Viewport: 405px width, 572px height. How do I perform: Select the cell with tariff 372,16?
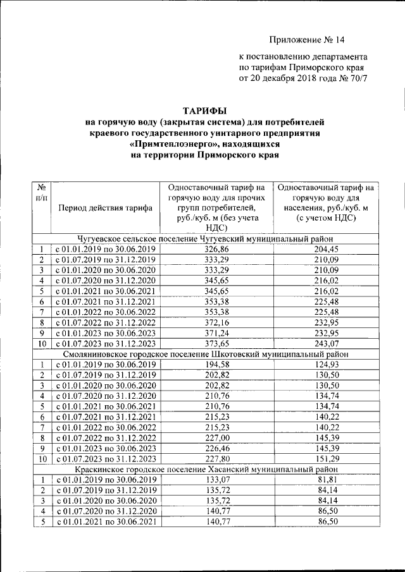point(217,321)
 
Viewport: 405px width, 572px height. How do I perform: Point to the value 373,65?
point(217,343)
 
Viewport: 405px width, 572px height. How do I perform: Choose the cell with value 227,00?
point(217,437)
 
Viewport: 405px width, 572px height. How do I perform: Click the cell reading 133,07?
point(217,480)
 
